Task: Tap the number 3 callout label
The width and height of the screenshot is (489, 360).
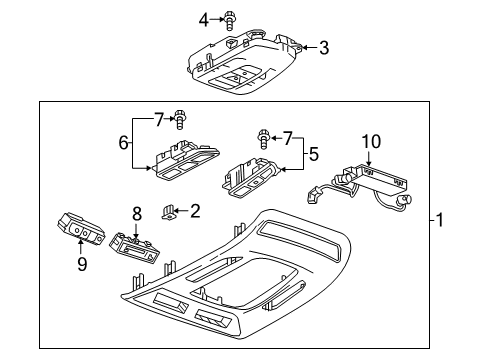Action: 322,47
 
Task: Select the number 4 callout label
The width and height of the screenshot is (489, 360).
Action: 203,18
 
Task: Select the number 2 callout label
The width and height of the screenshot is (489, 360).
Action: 195,210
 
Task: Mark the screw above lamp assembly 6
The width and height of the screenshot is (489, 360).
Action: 180,120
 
